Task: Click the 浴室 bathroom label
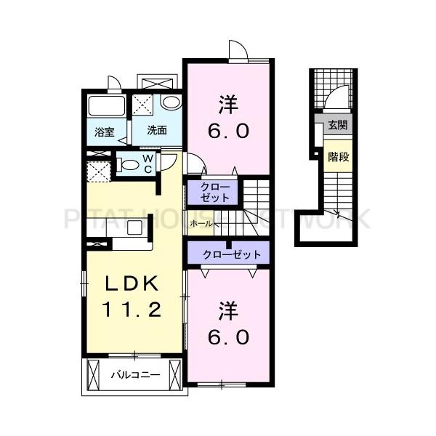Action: (105, 132)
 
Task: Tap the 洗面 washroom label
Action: (157, 131)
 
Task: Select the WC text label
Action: (148, 163)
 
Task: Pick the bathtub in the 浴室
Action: (107, 107)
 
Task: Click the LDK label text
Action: (134, 283)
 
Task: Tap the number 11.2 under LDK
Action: (134, 310)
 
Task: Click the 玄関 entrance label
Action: (337, 125)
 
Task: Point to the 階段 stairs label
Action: (337, 156)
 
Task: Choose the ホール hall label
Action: (201, 224)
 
